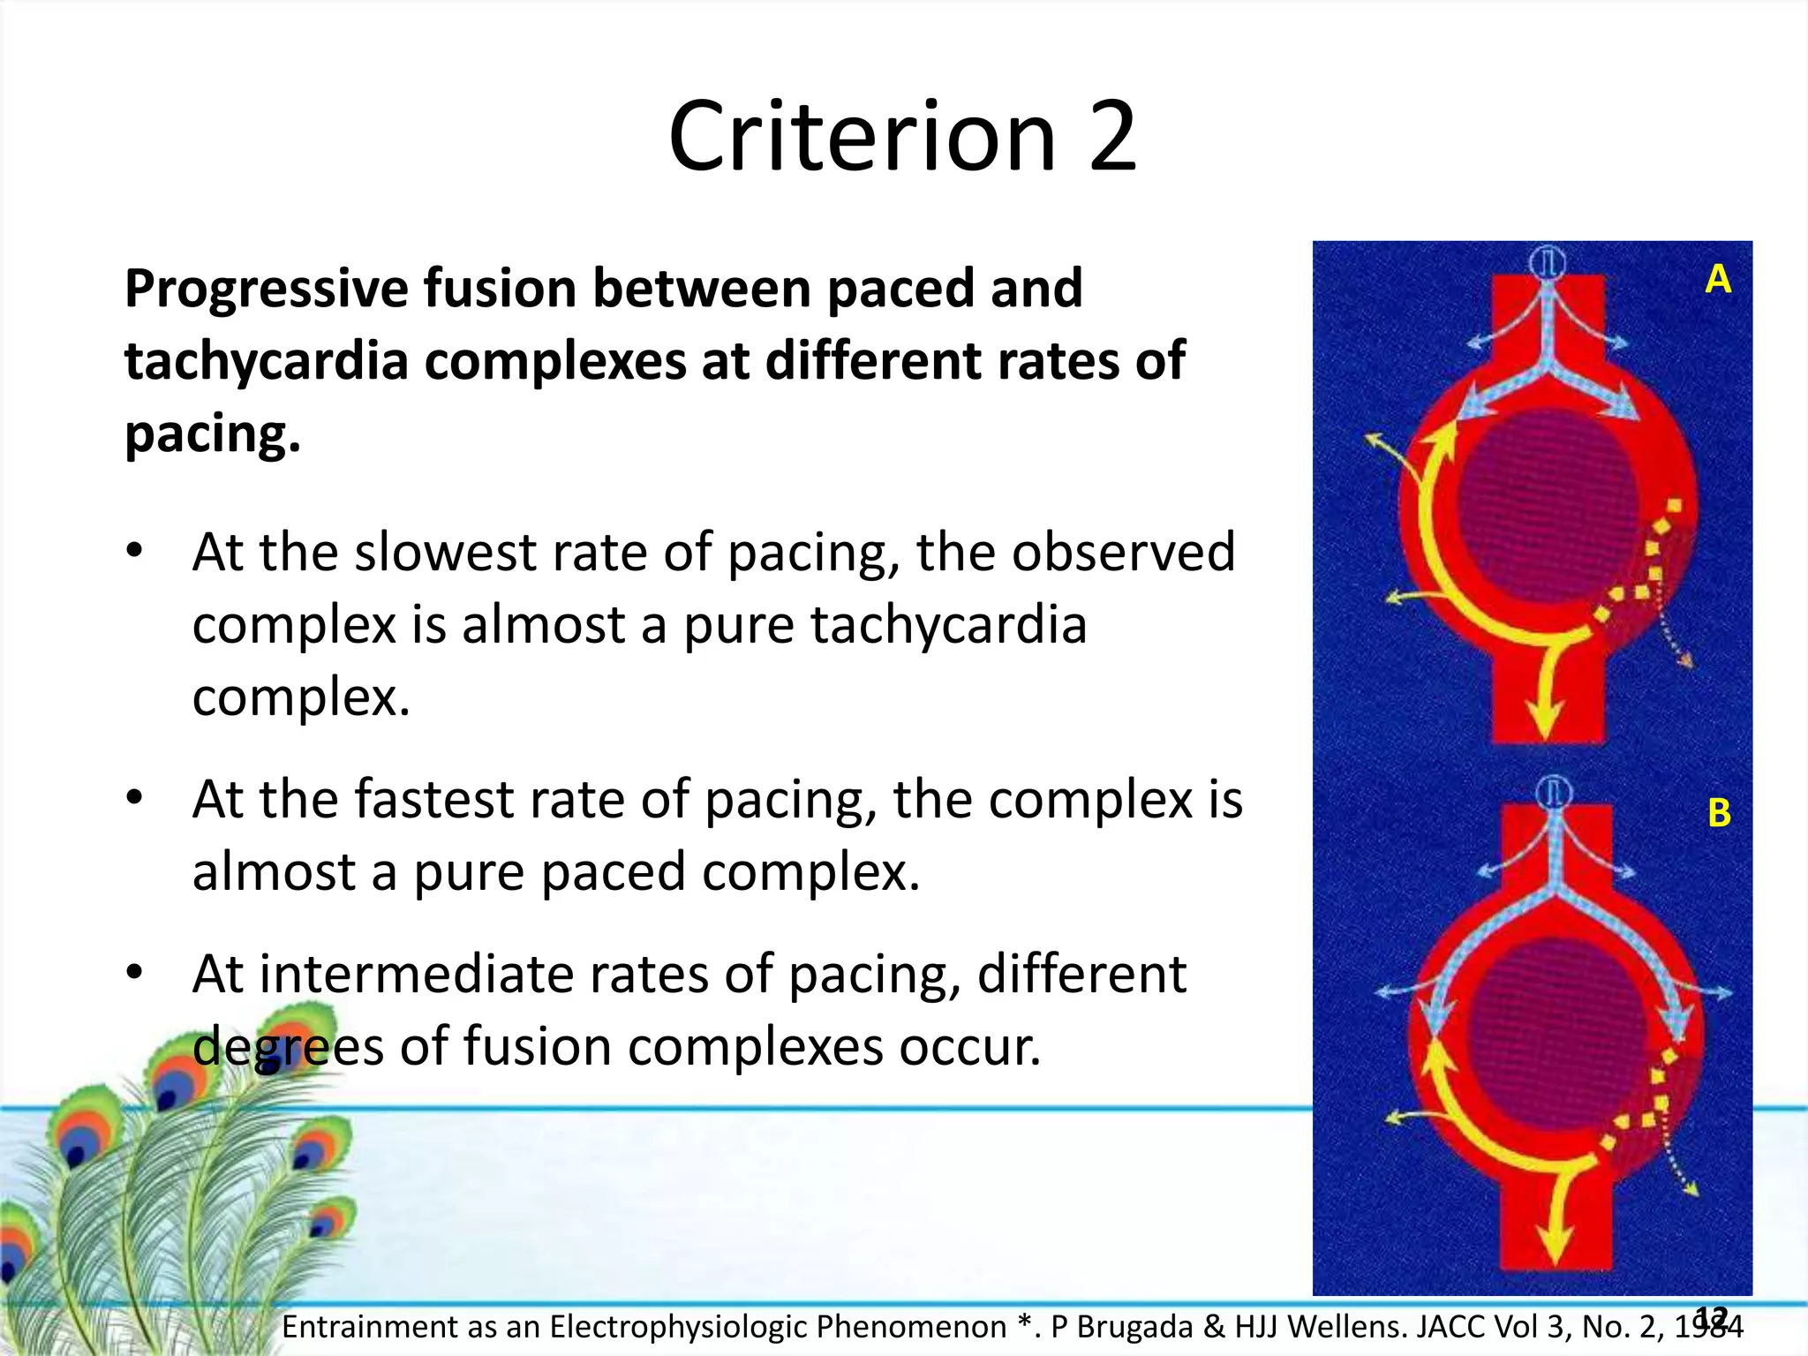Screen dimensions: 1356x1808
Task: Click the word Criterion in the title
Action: tap(862, 137)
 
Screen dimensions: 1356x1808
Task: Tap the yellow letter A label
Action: tap(1718, 280)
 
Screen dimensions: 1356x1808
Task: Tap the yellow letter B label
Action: tap(1719, 813)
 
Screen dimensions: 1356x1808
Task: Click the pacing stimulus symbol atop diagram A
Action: tap(1547, 262)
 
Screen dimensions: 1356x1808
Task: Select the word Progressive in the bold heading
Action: tap(263, 290)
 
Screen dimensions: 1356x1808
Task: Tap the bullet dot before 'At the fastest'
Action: tap(134, 797)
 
